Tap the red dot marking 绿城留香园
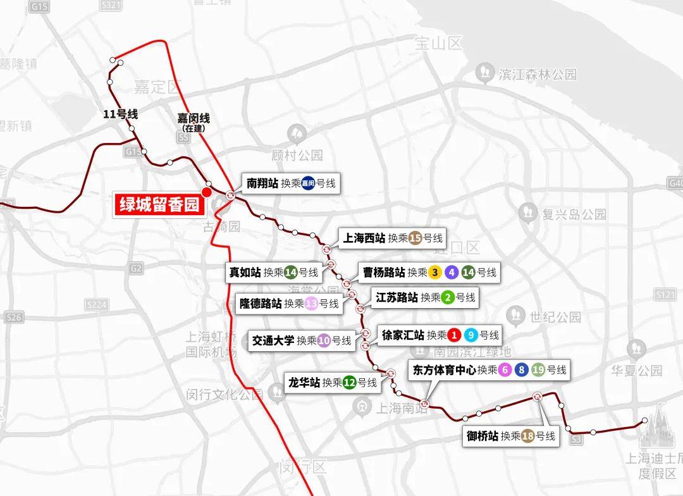[x=206, y=192]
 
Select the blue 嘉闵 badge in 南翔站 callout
[x=308, y=184]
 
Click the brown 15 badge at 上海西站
[x=415, y=239]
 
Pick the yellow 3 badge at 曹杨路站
[x=434, y=273]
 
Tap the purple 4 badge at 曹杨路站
[x=452, y=273]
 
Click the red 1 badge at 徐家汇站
[x=453, y=335]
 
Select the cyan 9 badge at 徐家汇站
[x=471, y=335]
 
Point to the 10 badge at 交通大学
[x=324, y=340]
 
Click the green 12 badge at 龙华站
[x=350, y=383]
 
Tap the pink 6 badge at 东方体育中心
[x=505, y=370]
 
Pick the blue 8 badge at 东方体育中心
[x=522, y=370]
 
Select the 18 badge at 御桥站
[x=528, y=436]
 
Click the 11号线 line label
[x=120, y=115]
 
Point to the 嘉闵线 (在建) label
[x=193, y=121]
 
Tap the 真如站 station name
[x=245, y=273]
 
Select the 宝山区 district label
[x=439, y=44]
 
